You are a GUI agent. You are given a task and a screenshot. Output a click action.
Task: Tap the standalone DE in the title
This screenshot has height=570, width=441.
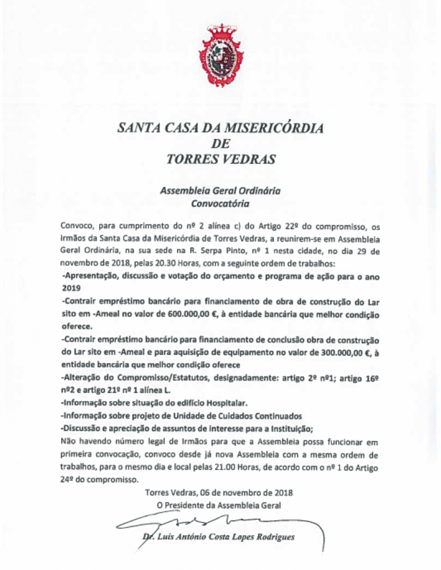221,143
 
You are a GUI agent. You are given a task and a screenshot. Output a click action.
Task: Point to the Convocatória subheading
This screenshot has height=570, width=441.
220,203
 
